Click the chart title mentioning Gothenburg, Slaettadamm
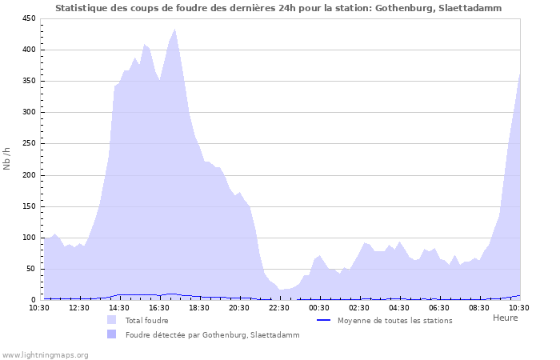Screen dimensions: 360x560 click(x=279, y=8)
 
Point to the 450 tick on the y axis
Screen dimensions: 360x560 click(x=27, y=18)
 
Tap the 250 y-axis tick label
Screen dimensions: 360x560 click(x=27, y=144)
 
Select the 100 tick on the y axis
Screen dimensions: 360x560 click(x=27, y=238)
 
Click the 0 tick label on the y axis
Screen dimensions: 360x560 click(x=32, y=300)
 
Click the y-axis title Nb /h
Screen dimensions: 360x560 click(x=7, y=158)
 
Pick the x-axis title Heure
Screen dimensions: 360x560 click(x=505, y=318)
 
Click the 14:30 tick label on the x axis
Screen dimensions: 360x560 click(x=119, y=307)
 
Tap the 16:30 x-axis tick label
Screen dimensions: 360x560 click(x=159, y=307)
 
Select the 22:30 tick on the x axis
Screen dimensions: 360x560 click(x=279, y=307)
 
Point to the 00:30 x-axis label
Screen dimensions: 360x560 click(x=319, y=307)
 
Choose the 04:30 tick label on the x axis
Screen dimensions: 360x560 click(x=399, y=307)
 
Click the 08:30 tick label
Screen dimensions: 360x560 click(x=479, y=307)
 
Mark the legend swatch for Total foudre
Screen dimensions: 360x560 click(x=111, y=320)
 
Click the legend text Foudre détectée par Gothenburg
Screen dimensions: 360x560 click(x=212, y=335)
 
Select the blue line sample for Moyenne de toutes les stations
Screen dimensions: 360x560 click(x=324, y=320)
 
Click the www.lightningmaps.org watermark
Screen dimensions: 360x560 click(x=45, y=354)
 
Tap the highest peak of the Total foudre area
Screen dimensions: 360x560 click(x=174, y=30)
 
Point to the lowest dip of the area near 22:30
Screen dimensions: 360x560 click(x=281, y=290)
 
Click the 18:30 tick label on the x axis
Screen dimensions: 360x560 click(x=199, y=307)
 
